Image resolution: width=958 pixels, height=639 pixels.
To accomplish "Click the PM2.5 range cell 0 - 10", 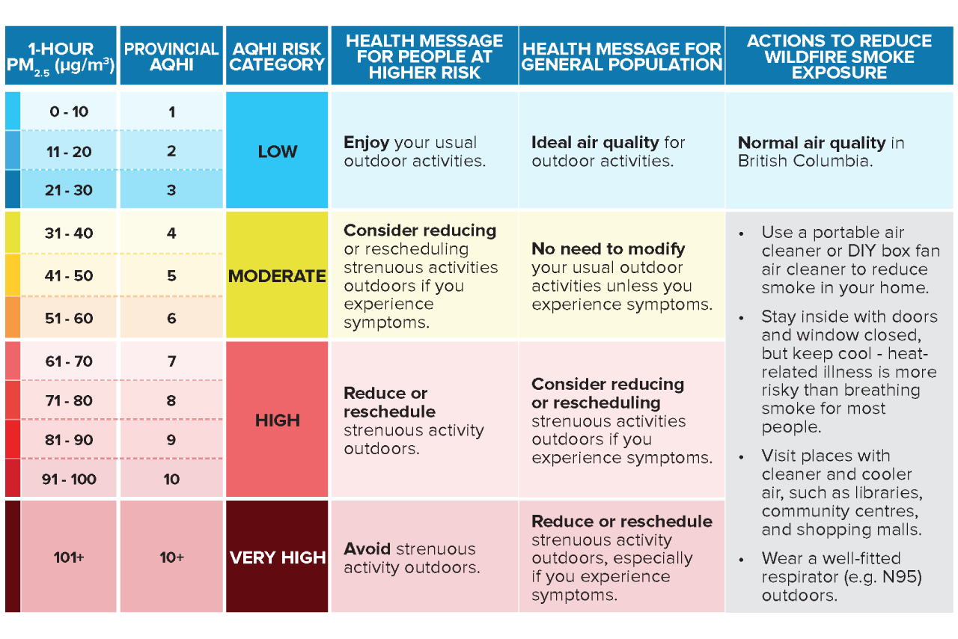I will click(x=69, y=112).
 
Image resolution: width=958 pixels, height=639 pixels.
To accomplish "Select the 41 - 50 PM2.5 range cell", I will click(x=69, y=276).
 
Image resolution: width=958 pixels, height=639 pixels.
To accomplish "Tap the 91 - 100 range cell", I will click(x=69, y=480).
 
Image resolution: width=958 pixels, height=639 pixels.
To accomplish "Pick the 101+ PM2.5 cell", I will click(x=69, y=557).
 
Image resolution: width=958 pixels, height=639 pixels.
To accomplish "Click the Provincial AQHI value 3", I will click(x=171, y=190).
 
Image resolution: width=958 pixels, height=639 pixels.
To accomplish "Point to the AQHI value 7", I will click(x=171, y=361).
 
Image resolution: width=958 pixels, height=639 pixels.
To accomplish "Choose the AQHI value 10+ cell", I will click(x=171, y=557).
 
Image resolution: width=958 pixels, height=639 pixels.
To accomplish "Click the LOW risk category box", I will click(x=277, y=151).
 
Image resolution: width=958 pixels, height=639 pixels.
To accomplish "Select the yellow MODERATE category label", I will click(x=277, y=276).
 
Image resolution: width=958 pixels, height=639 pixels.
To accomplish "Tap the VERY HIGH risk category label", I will click(x=277, y=557).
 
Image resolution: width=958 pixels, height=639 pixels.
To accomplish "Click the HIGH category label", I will click(x=277, y=421).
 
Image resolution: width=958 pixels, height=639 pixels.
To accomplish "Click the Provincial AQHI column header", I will click(x=171, y=56).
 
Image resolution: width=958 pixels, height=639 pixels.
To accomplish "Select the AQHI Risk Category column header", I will click(x=277, y=56).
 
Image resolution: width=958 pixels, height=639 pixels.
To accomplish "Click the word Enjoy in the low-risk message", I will click(x=367, y=143).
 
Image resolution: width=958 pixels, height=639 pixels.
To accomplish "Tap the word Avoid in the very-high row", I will click(x=367, y=549).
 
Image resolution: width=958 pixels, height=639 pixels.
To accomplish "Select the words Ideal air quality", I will click(x=595, y=143).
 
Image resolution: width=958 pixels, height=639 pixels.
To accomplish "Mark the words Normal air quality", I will click(x=811, y=143).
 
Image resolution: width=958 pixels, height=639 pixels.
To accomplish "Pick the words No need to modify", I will click(x=608, y=249).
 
